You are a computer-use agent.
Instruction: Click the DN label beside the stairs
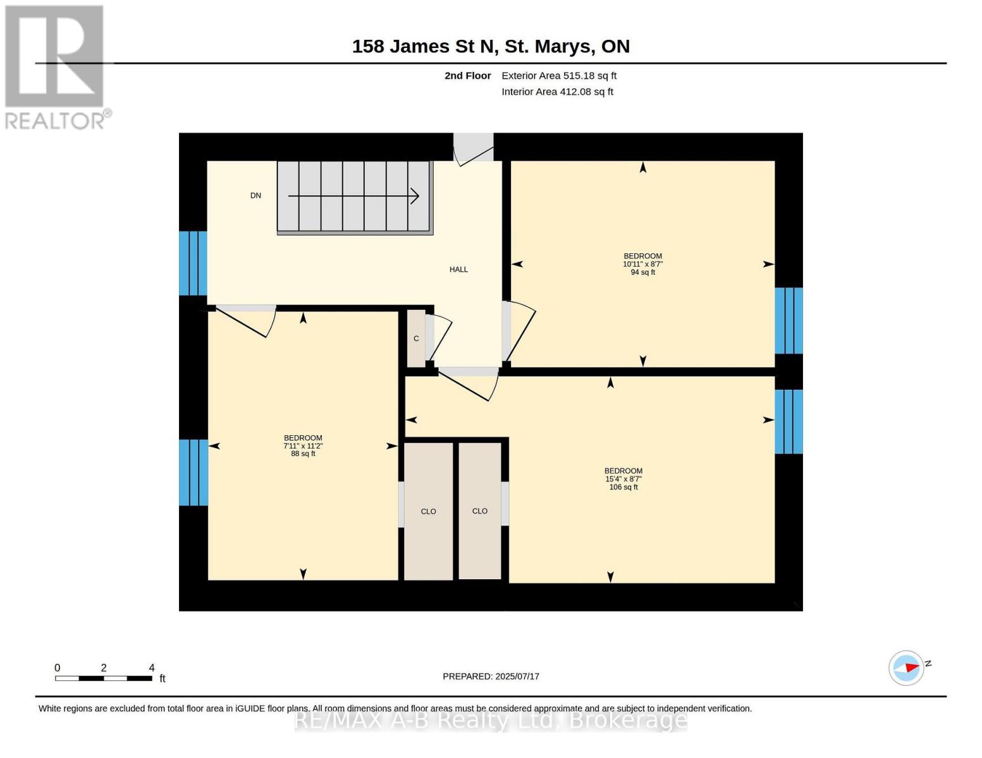coord(255,195)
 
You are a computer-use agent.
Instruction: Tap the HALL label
coord(458,270)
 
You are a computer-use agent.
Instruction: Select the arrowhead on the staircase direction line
coord(414,196)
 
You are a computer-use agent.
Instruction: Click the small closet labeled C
coord(416,338)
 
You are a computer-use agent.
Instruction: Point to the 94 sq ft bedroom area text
coord(642,272)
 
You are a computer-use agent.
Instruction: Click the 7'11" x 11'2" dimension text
coord(303,446)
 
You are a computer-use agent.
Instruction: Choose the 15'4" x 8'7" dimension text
coord(623,479)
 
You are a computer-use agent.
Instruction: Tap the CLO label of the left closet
coord(428,512)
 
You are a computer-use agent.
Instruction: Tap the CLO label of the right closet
coord(479,511)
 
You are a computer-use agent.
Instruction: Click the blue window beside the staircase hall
coord(193,263)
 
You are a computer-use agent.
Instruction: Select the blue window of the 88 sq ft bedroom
coord(193,472)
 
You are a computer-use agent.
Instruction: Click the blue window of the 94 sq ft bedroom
coord(789,320)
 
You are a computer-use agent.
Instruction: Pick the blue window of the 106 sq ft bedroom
coord(789,422)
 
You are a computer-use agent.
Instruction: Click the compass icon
coord(906,668)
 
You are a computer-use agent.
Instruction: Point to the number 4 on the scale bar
coord(151,668)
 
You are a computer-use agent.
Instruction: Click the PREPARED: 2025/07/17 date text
coord(491,677)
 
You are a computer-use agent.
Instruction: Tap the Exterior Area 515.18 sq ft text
coord(559,76)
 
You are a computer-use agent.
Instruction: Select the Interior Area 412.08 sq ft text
coord(557,92)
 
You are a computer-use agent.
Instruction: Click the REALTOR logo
coord(56,68)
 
